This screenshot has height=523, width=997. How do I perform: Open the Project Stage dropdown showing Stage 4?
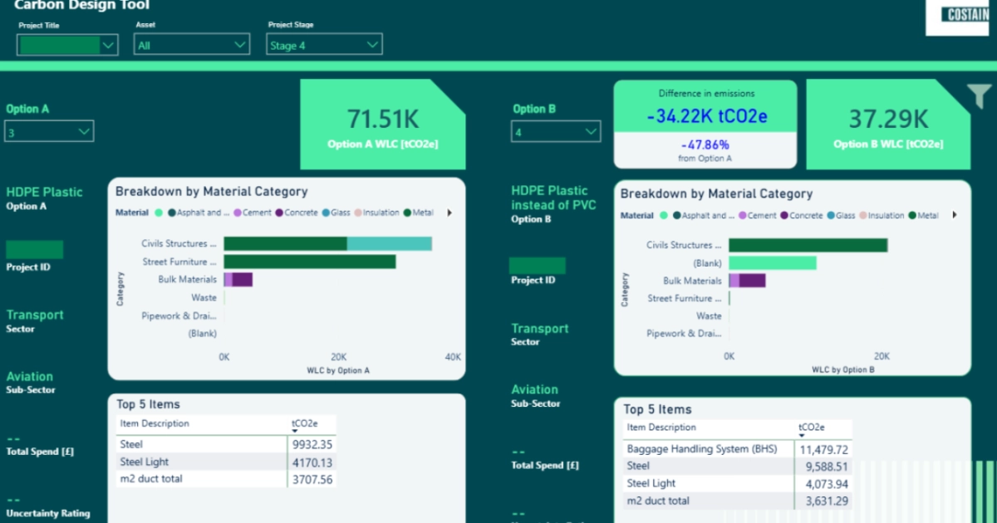pos(324,45)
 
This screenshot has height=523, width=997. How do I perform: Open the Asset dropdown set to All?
pos(192,45)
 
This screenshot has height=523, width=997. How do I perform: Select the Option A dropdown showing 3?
pos(49,131)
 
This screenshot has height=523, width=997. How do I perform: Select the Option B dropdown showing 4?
pos(555,131)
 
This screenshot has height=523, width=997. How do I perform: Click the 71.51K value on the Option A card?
pos(382,119)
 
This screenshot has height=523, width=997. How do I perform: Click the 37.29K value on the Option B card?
pos(887,119)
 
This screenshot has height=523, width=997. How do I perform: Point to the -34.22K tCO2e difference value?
pos(705,115)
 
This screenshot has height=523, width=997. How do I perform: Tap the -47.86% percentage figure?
pos(705,144)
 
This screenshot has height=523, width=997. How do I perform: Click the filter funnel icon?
pos(980,97)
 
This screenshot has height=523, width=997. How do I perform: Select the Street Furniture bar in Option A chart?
pos(309,261)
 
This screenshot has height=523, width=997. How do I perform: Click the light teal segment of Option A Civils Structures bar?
pos(389,243)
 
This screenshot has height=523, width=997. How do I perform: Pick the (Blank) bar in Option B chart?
pos(772,263)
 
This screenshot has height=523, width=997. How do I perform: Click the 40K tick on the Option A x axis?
pos(452,357)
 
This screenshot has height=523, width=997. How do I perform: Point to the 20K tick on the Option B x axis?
pos(882,356)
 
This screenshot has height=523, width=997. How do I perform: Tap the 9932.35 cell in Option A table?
pos(312,444)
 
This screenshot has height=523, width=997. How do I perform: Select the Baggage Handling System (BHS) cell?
pos(702,449)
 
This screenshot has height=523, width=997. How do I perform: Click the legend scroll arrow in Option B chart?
pos(955,215)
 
